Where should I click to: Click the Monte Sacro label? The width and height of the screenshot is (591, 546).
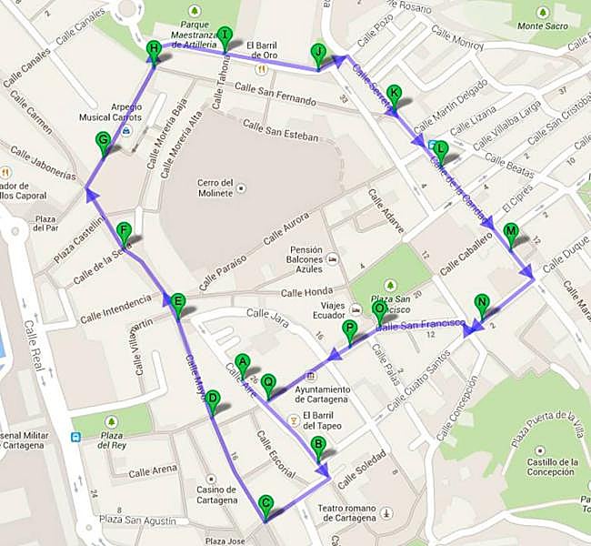click(544, 26)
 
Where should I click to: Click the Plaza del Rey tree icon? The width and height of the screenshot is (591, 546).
click(112, 421)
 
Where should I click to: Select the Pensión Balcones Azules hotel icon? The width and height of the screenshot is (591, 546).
click(333, 258)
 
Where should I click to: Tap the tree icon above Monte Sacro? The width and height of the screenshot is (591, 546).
click(544, 11)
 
